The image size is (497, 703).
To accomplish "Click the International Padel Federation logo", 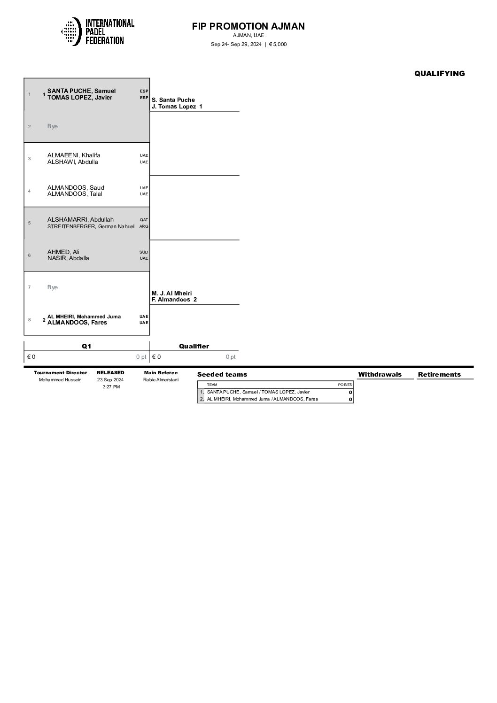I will pyautogui.click(x=98, y=32).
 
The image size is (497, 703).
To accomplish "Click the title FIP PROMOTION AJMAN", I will pyautogui.click(x=248, y=26).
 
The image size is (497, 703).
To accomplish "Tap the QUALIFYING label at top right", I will pyautogui.click(x=439, y=73).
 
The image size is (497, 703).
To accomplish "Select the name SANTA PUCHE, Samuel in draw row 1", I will pyautogui.click(x=81, y=91).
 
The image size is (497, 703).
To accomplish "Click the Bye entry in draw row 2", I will pyautogui.click(x=53, y=126).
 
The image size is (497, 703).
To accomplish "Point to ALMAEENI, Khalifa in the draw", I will pyautogui.click(x=74, y=155).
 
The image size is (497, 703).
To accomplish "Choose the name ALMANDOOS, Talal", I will pyautogui.click(x=75, y=194).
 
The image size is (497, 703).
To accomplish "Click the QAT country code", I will pyautogui.click(x=144, y=220).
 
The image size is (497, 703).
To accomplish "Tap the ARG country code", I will pyautogui.click(x=144, y=226).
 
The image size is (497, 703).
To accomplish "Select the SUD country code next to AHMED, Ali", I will pyautogui.click(x=144, y=252).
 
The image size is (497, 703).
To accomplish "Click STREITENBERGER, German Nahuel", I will pyautogui.click(x=91, y=226).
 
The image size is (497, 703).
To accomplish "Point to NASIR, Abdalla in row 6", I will pyautogui.click(x=68, y=258).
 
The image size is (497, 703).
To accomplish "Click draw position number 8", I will pyautogui.click(x=29, y=320).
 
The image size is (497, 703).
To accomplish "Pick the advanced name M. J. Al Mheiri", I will pyautogui.click(x=171, y=293).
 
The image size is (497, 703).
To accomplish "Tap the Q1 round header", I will pyautogui.click(x=86, y=346).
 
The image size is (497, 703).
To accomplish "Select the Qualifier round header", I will pyautogui.click(x=194, y=346).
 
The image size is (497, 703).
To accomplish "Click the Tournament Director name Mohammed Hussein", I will pyautogui.click(x=60, y=380).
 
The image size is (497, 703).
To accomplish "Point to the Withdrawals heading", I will pyautogui.click(x=380, y=374).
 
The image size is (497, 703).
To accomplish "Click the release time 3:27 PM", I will pyautogui.click(x=111, y=387).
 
